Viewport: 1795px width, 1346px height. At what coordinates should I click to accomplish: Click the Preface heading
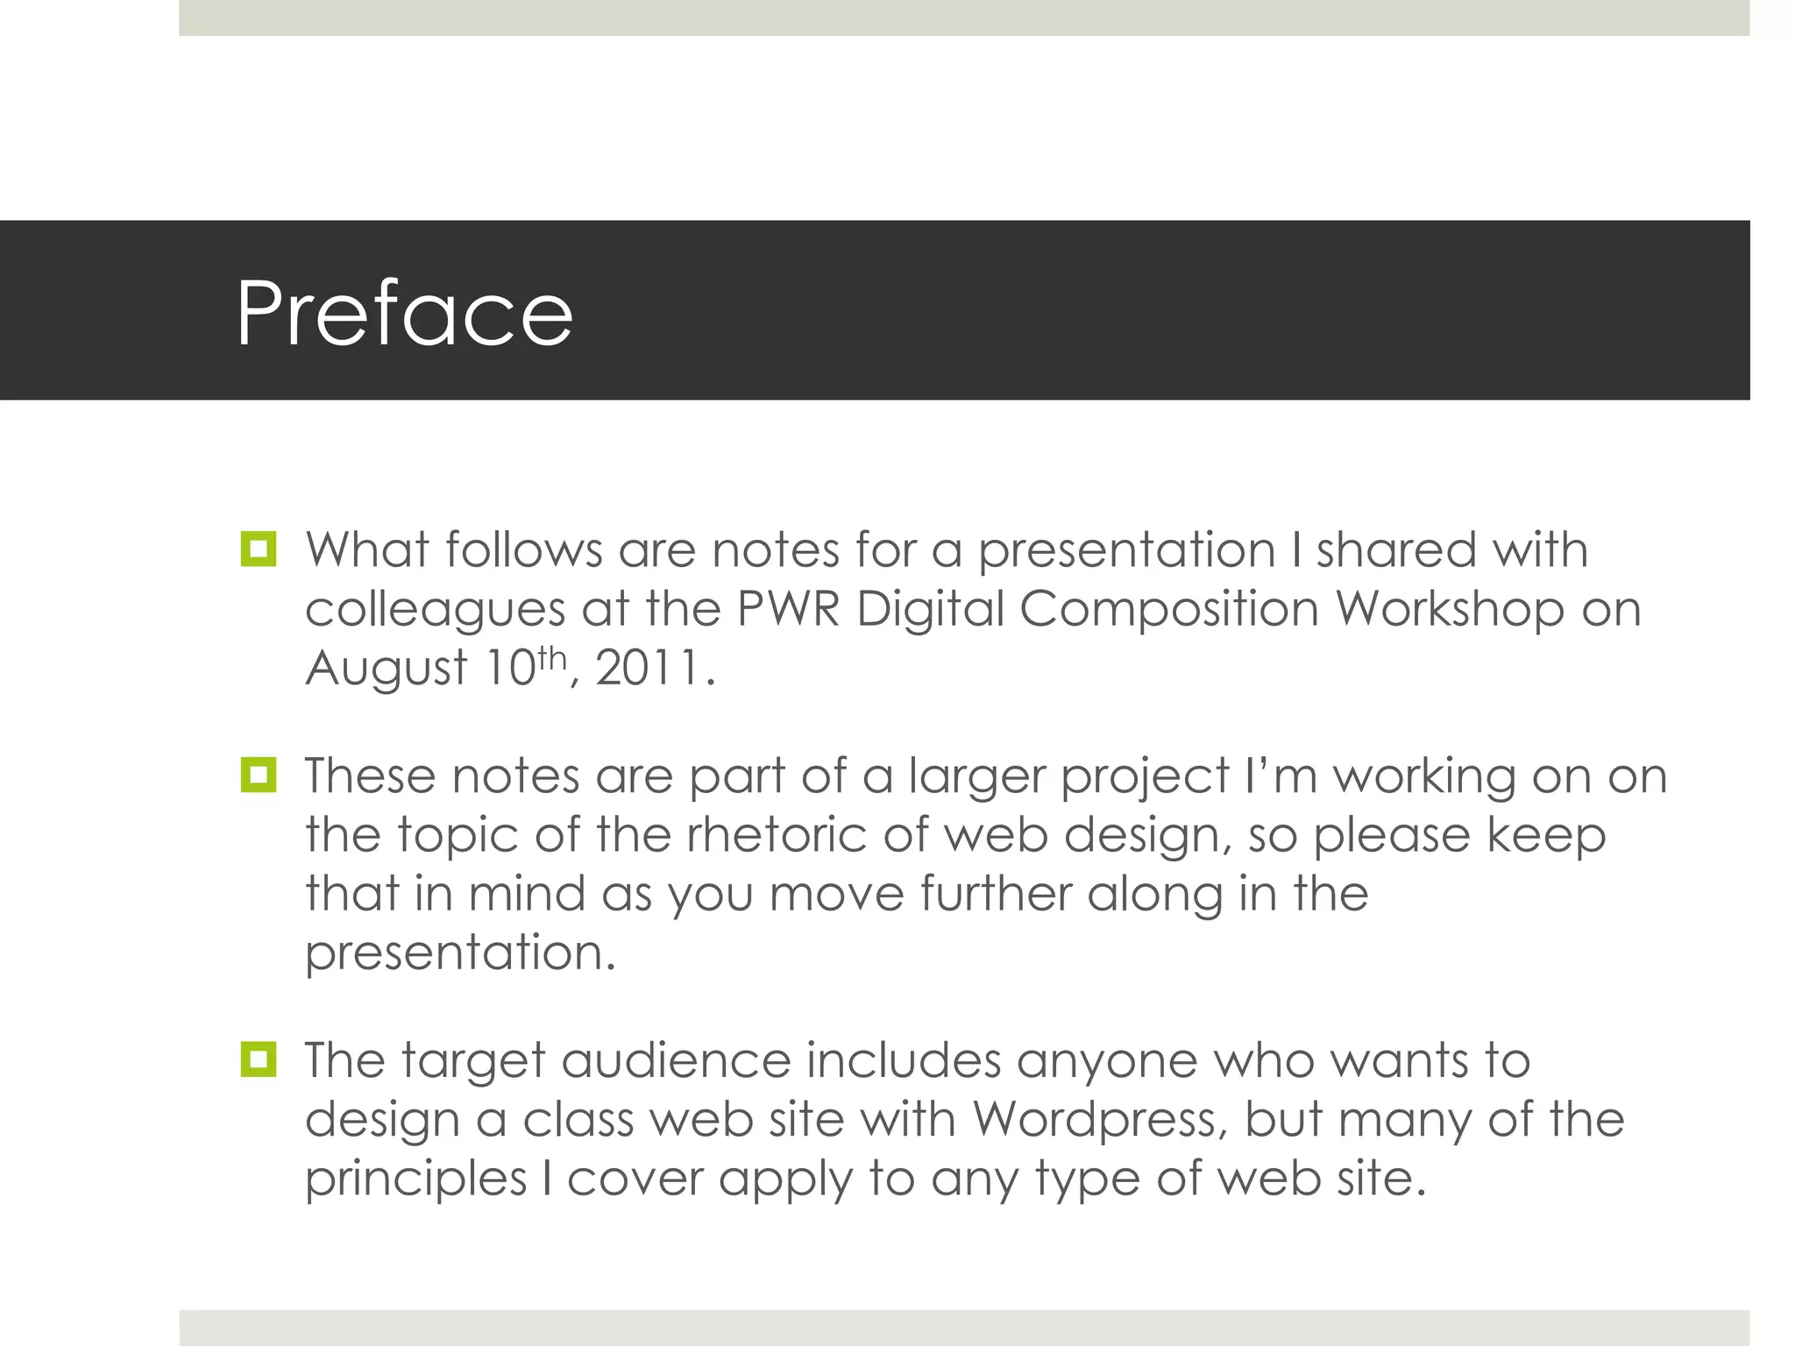tap(404, 313)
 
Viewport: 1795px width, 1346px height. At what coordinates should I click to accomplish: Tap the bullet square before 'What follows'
tap(259, 549)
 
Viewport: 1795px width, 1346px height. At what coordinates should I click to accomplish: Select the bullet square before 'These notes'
tap(259, 776)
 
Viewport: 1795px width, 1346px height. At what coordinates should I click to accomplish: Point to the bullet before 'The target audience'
tap(259, 1059)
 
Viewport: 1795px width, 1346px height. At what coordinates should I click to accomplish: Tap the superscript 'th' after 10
tap(552, 656)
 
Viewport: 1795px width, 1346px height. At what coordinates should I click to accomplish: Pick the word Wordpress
tap(1096, 1120)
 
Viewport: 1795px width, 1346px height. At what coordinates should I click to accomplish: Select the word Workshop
tap(1450, 610)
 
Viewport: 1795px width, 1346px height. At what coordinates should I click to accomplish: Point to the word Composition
tap(1169, 610)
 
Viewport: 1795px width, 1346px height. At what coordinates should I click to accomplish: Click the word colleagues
tap(435, 610)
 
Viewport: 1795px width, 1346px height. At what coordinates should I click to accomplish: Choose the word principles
tap(415, 1180)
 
